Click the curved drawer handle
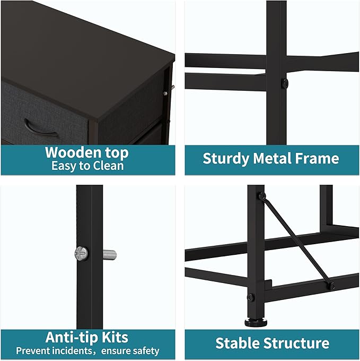pos(39,131)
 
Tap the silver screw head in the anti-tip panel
pos(81,253)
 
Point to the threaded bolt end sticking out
pos(110,255)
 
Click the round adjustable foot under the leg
pos(256,322)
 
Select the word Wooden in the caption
pos(73,153)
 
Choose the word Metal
pos(272,158)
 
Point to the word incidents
pos(72,351)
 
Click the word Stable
pos(237,343)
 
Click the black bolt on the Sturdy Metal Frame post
pos(285,83)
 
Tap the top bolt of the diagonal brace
pos(262,196)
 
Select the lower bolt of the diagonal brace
pos(331,286)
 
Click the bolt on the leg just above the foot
pos(251,297)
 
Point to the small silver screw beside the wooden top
pos(165,93)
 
